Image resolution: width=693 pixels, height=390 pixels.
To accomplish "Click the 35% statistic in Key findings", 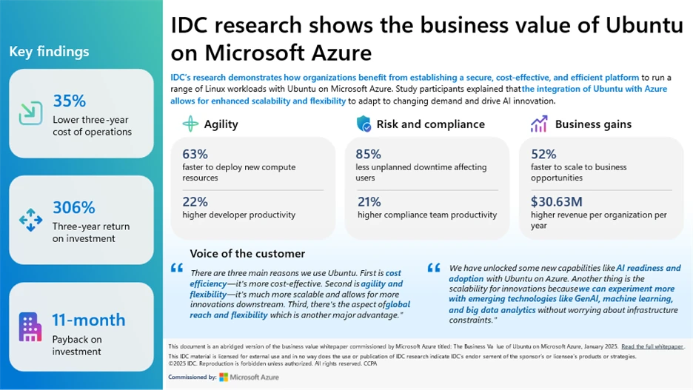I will (70, 101).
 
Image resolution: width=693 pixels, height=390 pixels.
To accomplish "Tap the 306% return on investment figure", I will (74, 208).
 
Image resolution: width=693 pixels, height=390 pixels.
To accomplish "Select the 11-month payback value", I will (88, 320).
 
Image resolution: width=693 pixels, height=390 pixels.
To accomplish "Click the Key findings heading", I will (49, 51).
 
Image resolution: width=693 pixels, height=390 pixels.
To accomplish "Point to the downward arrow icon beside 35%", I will (30, 112).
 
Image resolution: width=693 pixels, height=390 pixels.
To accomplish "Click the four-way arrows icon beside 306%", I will (30, 219).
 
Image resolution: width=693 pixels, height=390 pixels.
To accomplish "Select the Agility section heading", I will (221, 124).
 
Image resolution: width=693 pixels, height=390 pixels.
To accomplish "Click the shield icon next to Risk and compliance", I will (364, 124).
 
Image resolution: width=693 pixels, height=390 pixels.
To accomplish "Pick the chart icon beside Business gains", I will (538, 124).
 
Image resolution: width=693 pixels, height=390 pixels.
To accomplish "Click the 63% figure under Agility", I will (195, 154).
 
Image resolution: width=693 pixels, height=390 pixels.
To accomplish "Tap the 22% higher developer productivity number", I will (195, 201).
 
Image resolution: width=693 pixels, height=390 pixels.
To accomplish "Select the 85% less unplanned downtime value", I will (369, 154).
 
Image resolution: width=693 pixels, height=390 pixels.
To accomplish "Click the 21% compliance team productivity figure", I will (369, 201).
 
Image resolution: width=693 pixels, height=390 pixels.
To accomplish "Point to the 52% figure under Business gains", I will (543, 154).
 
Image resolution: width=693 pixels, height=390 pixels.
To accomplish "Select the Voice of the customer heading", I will (247, 253).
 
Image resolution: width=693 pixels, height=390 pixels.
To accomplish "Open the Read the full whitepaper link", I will (652, 346).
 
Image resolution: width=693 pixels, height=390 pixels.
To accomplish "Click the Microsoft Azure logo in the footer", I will (249, 377).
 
